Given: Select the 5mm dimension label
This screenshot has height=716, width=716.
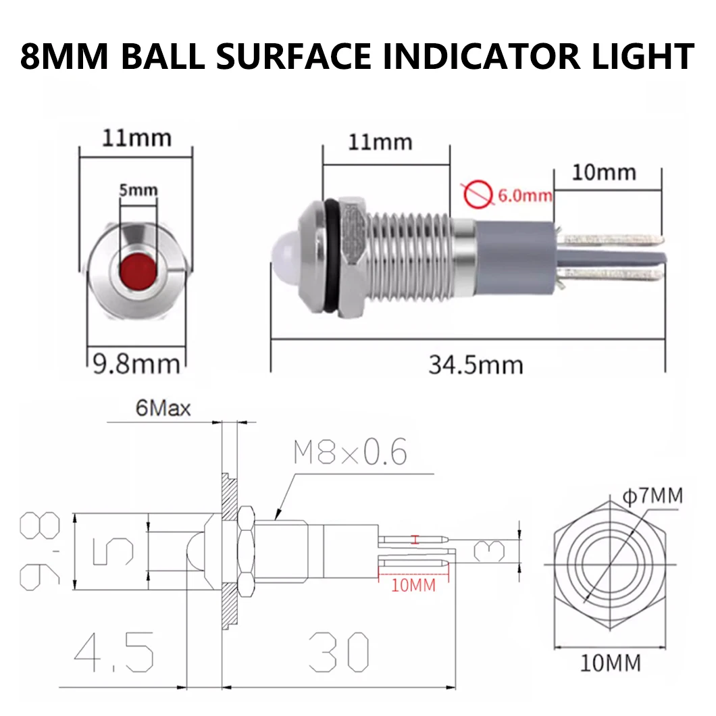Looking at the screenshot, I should (138, 190).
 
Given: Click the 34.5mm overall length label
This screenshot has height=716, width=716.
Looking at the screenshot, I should (476, 365).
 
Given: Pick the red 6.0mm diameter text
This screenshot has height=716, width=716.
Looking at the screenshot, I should (525, 197).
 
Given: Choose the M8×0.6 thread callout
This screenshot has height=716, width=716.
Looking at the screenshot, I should (351, 453).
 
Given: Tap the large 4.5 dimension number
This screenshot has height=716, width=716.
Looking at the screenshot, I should (114, 651).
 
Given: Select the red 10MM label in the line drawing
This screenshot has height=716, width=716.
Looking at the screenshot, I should (414, 585).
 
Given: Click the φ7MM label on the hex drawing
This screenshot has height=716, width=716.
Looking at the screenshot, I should (652, 497).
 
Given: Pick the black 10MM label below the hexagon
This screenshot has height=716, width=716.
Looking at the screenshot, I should (610, 664).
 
